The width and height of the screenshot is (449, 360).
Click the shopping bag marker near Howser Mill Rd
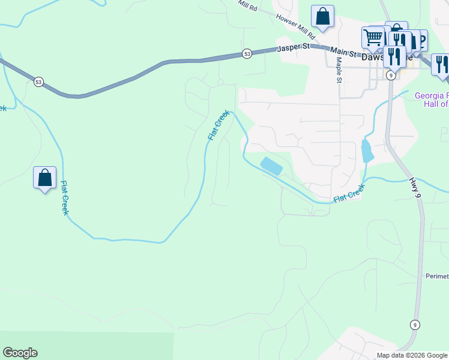click(x=322, y=17)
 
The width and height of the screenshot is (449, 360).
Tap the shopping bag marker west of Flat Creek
click(x=44, y=178)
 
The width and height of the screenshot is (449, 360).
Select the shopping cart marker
click(x=373, y=38)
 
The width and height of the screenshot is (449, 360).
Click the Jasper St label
click(x=293, y=46)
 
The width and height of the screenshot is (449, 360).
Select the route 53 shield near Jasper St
click(x=247, y=54)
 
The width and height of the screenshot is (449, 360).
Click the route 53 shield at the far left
click(x=39, y=82)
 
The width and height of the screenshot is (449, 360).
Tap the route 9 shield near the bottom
click(x=415, y=325)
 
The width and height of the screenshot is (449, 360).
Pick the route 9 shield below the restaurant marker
click(x=391, y=75)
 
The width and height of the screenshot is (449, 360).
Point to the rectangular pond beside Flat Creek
click(x=271, y=166)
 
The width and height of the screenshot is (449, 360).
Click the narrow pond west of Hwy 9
click(x=367, y=151)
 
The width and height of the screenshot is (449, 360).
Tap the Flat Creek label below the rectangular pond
click(x=349, y=193)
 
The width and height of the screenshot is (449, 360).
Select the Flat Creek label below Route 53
click(x=218, y=125)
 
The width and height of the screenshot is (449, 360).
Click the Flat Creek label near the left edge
click(x=65, y=197)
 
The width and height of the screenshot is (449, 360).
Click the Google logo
click(x=20, y=353)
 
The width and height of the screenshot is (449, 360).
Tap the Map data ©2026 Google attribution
click(x=412, y=355)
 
